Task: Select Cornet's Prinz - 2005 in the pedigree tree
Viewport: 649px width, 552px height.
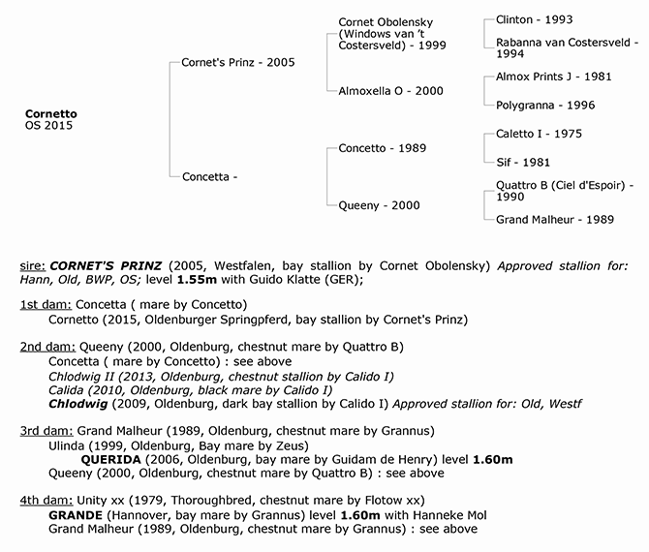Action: pyautogui.click(x=237, y=62)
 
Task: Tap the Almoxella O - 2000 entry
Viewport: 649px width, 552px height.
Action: pyautogui.click(x=390, y=90)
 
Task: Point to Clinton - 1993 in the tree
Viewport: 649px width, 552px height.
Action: pyautogui.click(x=533, y=19)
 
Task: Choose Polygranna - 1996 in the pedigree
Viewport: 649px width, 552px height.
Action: pyautogui.click(x=545, y=105)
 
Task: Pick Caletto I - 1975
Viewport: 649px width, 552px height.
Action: pyautogui.click(x=539, y=134)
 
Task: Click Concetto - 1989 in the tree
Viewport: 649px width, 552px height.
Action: pyautogui.click(x=383, y=148)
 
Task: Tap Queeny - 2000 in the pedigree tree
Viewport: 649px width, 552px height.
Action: pyautogui.click(x=379, y=205)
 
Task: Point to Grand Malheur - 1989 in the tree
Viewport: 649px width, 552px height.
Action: pyautogui.click(x=555, y=220)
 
